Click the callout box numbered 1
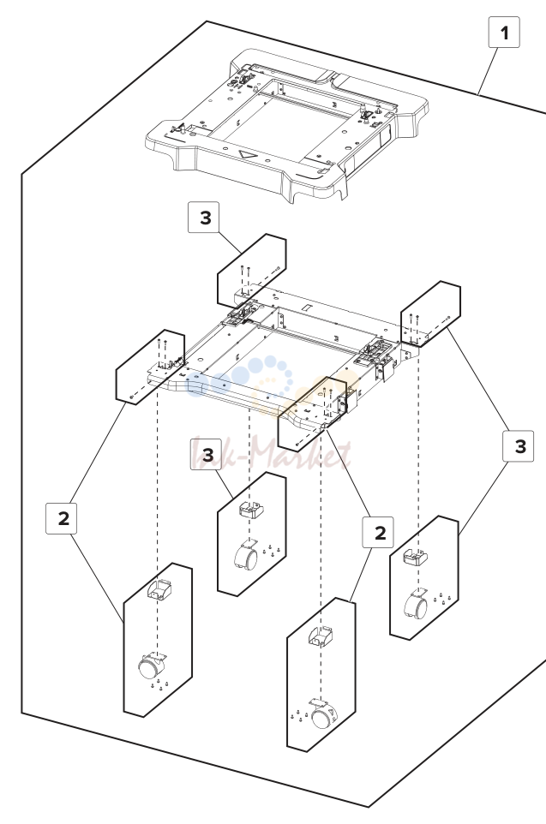click(505, 32)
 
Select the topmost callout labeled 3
click(203, 217)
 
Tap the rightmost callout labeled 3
click(518, 445)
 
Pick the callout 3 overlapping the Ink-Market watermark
click(207, 454)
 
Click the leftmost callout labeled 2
click(62, 518)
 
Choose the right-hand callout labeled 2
click(378, 532)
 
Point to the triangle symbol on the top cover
click(246, 155)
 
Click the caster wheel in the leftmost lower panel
click(152, 666)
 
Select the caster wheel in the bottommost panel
click(323, 714)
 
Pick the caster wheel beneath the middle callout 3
click(246, 556)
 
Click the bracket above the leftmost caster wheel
click(159, 589)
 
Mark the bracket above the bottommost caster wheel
click(321, 636)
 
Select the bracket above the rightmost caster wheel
click(415, 557)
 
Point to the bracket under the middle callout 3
click(251, 510)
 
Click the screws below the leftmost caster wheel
click(159, 685)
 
